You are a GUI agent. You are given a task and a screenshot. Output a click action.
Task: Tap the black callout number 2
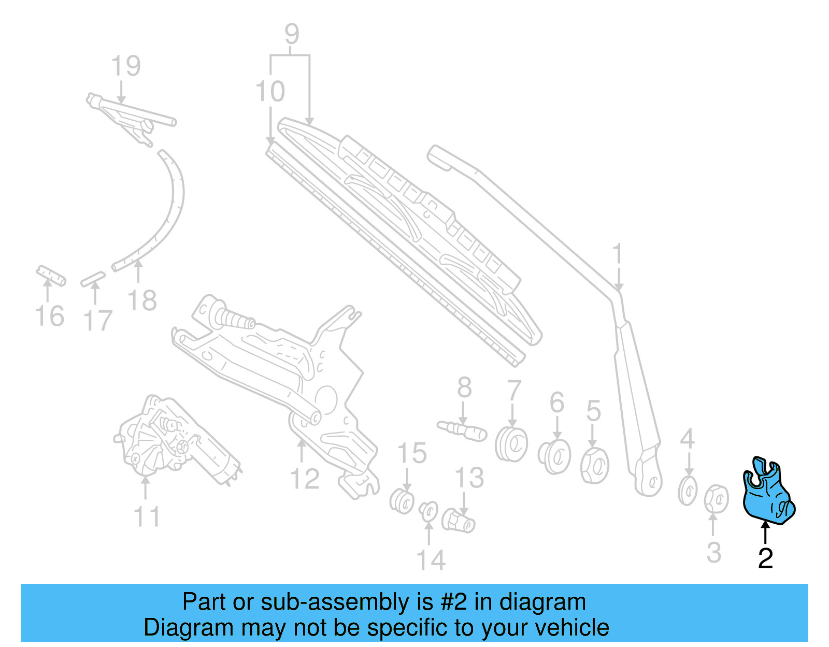[765, 558]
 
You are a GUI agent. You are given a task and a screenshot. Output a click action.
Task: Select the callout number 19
[126, 66]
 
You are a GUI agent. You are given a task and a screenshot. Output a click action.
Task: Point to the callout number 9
[292, 34]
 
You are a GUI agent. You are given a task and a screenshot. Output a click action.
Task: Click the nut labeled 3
[716, 499]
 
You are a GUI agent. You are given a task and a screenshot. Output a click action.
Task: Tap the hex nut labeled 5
[594, 464]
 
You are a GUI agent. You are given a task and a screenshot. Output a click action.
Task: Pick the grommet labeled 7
[511, 443]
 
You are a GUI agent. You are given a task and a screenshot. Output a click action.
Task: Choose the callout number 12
[305, 479]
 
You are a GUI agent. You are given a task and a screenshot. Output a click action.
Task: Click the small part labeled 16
[51, 276]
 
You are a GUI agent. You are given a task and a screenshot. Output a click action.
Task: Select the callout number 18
[141, 300]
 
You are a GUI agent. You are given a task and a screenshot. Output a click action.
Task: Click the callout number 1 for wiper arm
[617, 255]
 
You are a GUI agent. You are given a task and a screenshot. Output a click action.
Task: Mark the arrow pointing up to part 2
[765, 534]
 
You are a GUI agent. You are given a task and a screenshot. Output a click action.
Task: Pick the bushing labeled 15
[402, 500]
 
